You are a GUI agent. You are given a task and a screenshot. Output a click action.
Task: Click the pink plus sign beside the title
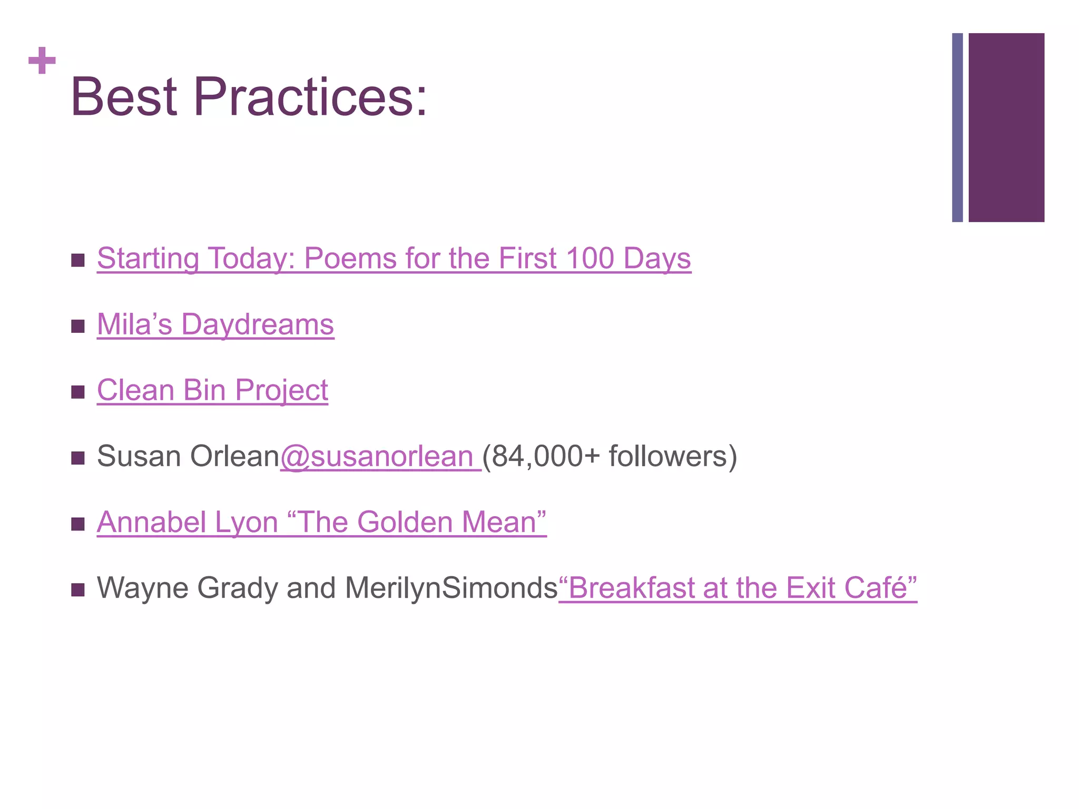point(42,61)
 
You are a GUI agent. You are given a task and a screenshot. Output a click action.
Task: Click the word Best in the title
point(124,97)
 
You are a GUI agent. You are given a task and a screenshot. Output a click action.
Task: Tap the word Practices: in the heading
point(310,97)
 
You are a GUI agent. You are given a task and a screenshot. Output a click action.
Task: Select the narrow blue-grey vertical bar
point(957,127)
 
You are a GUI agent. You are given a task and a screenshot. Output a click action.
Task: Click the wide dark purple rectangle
point(1006,127)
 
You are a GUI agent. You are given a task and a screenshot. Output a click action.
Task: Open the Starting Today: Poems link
point(394,259)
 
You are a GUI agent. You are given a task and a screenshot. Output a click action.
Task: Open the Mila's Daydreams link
point(215,324)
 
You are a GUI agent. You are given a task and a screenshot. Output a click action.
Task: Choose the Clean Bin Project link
point(212,390)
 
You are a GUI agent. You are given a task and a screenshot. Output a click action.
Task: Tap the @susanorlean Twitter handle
point(380,456)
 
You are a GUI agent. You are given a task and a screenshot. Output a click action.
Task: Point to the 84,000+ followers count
point(609,456)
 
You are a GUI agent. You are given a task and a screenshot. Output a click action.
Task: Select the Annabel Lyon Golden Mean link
point(321,522)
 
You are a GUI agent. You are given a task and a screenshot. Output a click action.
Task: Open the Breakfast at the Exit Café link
point(738,588)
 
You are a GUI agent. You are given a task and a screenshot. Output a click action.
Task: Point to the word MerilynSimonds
point(451,588)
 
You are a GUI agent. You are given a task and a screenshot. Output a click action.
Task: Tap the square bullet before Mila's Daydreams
point(78,327)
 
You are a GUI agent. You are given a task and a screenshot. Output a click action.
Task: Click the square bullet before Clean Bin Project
point(78,392)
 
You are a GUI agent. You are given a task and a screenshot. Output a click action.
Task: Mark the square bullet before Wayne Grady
point(78,590)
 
